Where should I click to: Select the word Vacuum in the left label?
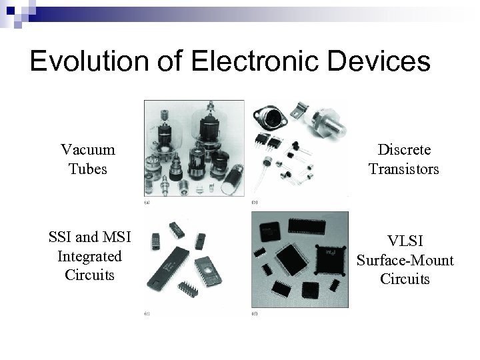click(87, 150)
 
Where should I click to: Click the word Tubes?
click(87, 169)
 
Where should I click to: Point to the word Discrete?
click(404, 150)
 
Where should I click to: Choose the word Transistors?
click(404, 169)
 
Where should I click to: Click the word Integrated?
click(89, 256)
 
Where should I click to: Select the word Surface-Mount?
click(405, 259)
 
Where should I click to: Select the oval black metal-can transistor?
click(274, 120)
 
